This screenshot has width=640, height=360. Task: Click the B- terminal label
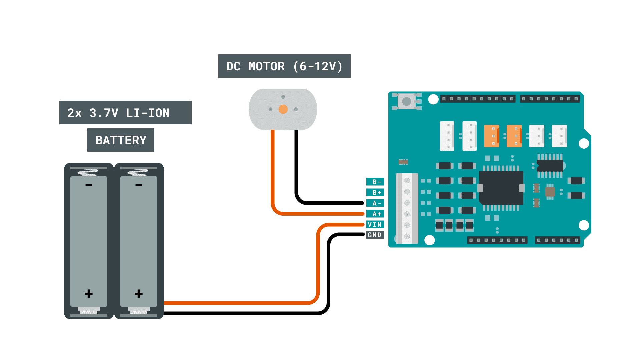[375, 182]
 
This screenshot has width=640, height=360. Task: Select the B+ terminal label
[375, 192]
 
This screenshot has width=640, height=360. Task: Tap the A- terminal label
[375, 203]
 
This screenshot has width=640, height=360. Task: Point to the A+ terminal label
[375, 214]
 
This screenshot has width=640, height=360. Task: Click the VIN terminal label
[375, 224]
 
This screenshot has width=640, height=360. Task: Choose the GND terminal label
[375, 235]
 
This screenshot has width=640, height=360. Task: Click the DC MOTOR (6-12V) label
[284, 66]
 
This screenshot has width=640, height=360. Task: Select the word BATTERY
[121, 140]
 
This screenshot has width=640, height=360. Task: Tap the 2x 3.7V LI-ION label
[125, 113]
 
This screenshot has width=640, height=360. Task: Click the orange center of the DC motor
[283, 109]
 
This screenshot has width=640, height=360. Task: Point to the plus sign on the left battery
[89, 293]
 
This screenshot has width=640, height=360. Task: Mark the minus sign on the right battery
[139, 185]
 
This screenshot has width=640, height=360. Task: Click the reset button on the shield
[407, 101]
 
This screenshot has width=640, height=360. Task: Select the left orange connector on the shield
[491, 136]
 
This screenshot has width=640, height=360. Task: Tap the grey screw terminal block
[407, 208]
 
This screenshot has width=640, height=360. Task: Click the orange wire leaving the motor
[273, 167]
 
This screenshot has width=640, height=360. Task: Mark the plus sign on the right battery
[139, 293]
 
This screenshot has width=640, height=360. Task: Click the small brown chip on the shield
[550, 192]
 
